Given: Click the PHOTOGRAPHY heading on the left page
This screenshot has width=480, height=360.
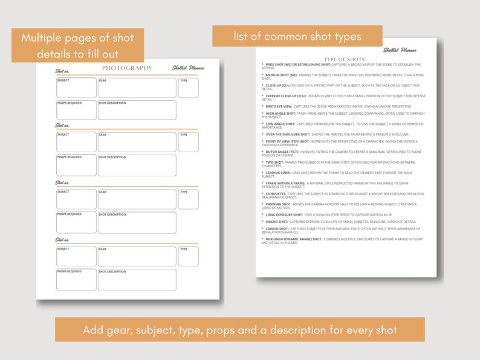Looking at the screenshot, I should click(x=127, y=68).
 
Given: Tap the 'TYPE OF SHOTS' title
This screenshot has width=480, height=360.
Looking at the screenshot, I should click(x=345, y=59).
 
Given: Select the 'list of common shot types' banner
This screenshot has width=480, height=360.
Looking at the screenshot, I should click(x=297, y=36).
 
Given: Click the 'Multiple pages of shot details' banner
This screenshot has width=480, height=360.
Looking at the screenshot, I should click(x=77, y=45).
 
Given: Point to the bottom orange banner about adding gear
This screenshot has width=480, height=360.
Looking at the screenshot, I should click(x=239, y=330).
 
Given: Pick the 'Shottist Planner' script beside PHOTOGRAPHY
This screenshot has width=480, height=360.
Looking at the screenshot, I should click(x=187, y=68).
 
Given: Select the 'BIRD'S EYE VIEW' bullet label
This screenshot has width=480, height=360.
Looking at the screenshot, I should click(x=279, y=106).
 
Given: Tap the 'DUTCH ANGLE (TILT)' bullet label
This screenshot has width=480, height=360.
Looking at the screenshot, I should click(x=282, y=151).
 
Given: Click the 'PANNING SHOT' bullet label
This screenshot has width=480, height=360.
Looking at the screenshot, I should click(x=278, y=204).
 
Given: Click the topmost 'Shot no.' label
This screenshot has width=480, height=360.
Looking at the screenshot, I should click(x=62, y=71).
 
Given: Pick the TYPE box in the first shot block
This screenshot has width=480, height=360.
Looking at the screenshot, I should click(x=188, y=88).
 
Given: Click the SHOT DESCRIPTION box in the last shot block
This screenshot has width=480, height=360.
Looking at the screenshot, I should click(x=137, y=280).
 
